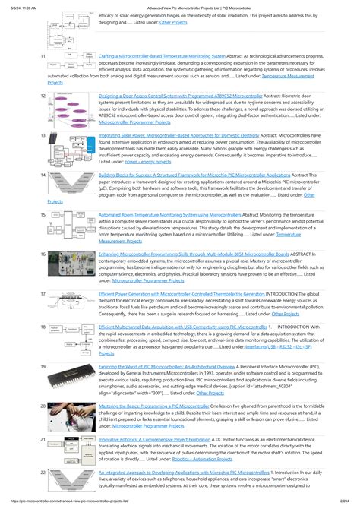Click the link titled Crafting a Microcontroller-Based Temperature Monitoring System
pos(162,56)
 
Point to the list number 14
pos(43,175)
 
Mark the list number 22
pos(43,473)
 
